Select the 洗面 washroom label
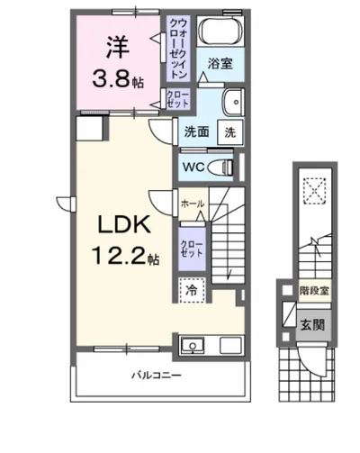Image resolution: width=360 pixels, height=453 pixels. coord(198,131)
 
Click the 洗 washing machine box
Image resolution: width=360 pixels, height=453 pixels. coord(231,131)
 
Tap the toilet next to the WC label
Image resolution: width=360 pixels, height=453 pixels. coord(225,167)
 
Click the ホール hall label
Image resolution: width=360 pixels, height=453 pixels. coord(192,204)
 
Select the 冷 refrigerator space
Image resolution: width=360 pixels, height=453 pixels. coord(192,290)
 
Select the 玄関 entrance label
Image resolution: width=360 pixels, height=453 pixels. coord(312,324)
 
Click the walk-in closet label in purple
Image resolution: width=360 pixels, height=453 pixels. coord(175,50)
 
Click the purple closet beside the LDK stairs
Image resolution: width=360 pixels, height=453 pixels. coord(192,249)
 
